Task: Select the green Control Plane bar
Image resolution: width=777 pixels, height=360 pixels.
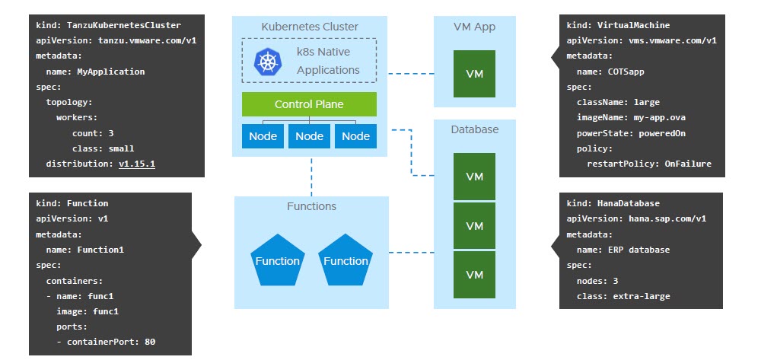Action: pyautogui.click(x=309, y=104)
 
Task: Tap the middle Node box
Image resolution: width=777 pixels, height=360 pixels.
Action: pyautogui.click(x=309, y=136)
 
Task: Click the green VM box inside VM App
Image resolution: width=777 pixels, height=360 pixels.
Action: pyautogui.click(x=474, y=74)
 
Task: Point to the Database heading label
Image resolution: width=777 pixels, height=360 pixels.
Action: pyautogui.click(x=474, y=129)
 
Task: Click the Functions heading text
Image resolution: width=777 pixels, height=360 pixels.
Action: pyautogui.click(x=311, y=206)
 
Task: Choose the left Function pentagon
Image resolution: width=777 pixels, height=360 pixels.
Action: pyautogui.click(x=277, y=260)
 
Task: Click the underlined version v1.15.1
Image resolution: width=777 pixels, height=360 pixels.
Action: pyautogui.click(x=137, y=164)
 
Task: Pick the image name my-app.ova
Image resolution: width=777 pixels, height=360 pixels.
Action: pyautogui.click(x=661, y=117)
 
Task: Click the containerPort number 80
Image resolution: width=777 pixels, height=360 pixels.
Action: pyautogui.click(x=150, y=342)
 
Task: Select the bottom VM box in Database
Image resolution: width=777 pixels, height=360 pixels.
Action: pyautogui.click(x=474, y=274)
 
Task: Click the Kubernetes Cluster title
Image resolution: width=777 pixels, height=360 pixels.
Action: pyautogui.click(x=310, y=27)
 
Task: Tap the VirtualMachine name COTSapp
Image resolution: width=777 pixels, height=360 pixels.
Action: pyautogui.click(x=630, y=72)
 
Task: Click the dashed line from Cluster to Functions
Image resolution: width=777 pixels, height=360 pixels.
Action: pyautogui.click(x=311, y=177)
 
